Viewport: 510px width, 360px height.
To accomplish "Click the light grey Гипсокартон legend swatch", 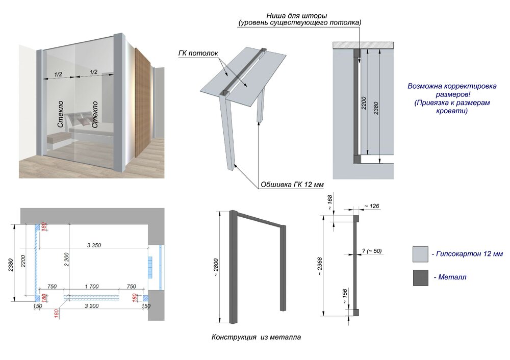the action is [421, 254].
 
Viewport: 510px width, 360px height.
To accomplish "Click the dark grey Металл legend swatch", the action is [421, 278].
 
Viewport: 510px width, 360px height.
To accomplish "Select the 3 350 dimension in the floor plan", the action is [94, 245].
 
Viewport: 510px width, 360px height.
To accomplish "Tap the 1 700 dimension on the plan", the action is [92, 287].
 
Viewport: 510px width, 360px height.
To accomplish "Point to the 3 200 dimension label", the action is [92, 306].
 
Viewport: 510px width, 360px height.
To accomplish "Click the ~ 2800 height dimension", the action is [216, 267].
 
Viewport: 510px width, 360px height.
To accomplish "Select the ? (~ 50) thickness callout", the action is [372, 251].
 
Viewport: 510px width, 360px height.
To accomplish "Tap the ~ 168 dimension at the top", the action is [330, 202].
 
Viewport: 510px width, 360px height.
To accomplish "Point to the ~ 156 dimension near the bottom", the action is [345, 296].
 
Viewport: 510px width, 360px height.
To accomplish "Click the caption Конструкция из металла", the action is [257, 337].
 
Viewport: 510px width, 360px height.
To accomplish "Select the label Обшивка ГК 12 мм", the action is [292, 185].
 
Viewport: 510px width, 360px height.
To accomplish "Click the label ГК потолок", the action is [198, 53].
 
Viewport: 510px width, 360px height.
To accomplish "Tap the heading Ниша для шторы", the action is [297, 16].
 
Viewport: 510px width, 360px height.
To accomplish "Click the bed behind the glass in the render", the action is [89, 127].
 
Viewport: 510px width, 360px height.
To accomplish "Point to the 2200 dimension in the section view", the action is [364, 103].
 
